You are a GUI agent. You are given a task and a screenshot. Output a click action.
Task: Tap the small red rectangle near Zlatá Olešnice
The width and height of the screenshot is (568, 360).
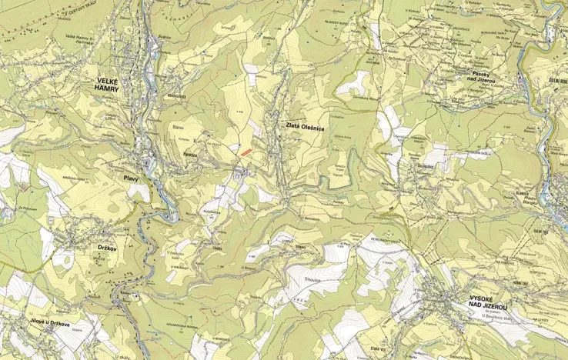click(244, 152)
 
